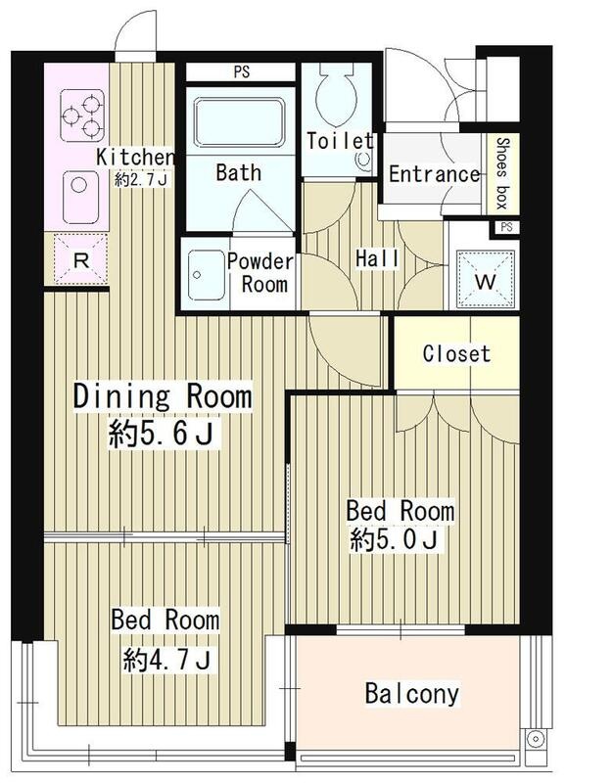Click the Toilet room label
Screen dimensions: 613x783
[x=340, y=141]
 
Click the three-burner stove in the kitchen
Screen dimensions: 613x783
[x=82, y=115]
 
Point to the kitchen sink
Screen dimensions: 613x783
[x=80, y=198]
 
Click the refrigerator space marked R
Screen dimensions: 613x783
[x=81, y=260]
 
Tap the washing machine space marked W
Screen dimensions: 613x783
[x=486, y=280]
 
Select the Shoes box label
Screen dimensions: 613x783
[x=501, y=173]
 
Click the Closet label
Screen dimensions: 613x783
[x=456, y=353]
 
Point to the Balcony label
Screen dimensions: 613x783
[x=411, y=694]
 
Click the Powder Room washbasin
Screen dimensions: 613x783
[x=206, y=275]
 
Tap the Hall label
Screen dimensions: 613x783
[x=377, y=258]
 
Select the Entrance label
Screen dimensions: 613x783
[x=435, y=174]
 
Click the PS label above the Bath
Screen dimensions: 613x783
[x=242, y=71]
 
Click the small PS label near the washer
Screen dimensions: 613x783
[x=506, y=227]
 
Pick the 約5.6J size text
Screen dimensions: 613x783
[x=163, y=434]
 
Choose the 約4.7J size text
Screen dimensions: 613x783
[x=166, y=659]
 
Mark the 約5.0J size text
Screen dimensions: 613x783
[x=395, y=539]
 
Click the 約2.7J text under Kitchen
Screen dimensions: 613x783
[x=141, y=180]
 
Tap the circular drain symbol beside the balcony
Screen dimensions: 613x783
[x=536, y=739]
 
